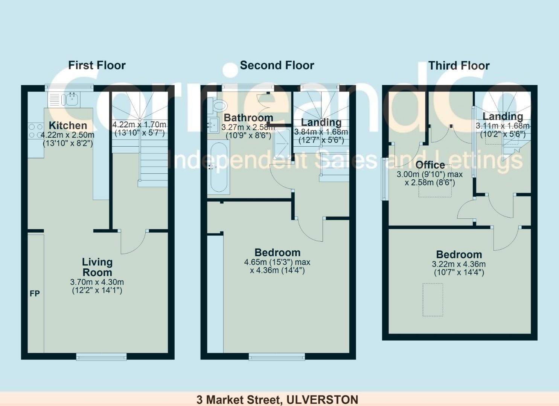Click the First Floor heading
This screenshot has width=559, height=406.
pos(97,65)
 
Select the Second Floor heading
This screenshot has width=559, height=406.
pos(277,65)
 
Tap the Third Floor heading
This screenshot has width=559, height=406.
pos(459,65)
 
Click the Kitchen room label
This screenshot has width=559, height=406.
pos(68,125)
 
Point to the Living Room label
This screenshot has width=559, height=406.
pos(97,267)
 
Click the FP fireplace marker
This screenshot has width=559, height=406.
pos(35,294)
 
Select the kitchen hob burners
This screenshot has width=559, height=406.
pos(35,131)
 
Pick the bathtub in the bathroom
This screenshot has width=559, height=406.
pos(219,167)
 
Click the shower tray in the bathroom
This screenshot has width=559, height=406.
pos(282,144)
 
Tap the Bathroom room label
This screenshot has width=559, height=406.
pos(248,118)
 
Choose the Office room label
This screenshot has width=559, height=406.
pos(431,165)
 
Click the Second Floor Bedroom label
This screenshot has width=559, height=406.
pos(277,253)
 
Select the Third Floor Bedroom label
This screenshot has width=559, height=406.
pos(459,255)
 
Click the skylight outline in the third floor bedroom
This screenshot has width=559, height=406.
pos(433,300)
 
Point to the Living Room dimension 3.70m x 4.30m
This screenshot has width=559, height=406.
pos(97,282)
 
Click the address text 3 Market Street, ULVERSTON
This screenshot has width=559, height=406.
pos(277,400)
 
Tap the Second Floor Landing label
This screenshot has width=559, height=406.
pos(321,123)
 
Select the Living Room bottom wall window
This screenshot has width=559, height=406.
pos(101,356)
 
